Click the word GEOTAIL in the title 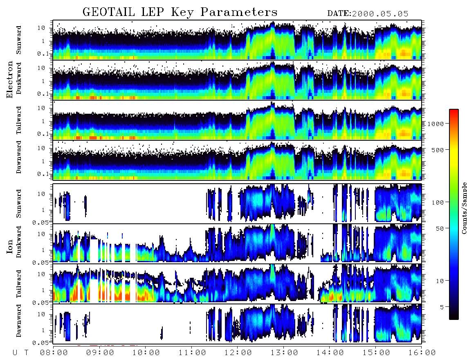(108, 12)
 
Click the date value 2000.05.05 (380, 14)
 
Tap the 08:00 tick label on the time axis (54, 353)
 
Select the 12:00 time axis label (238, 353)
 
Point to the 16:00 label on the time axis (422, 353)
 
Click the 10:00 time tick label (146, 353)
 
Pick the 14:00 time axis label (330, 353)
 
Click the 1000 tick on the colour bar (436, 124)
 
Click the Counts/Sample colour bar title (464, 208)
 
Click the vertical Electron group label (10, 80)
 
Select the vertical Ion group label (10, 247)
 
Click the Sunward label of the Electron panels (19, 40)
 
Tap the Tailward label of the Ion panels (19, 284)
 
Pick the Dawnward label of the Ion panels (19, 320)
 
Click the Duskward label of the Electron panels (19, 78)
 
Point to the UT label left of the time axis (20, 353)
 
